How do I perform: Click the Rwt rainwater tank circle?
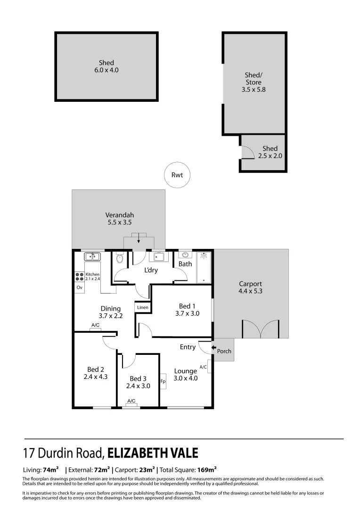tap(177, 175)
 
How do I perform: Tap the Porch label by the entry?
tap(224, 351)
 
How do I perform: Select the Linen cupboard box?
tap(143, 307)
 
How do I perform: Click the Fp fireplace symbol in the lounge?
tap(163, 381)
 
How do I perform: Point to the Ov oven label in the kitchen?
tap(79, 287)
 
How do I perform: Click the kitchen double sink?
tap(91, 257)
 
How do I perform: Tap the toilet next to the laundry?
tap(119, 258)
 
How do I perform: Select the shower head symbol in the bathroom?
tap(204, 256)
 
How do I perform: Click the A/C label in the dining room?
tap(95, 325)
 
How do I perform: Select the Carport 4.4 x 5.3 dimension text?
tap(250, 291)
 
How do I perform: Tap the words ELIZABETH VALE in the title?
tap(153, 453)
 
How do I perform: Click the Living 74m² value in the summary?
tap(50, 470)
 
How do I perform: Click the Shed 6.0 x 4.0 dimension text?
tap(106, 70)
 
